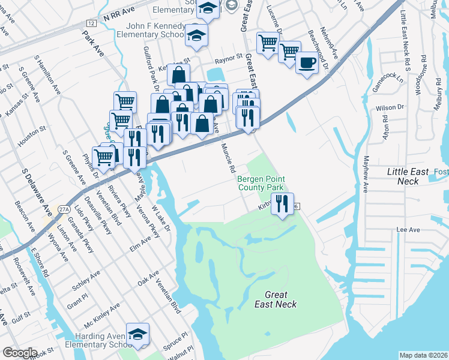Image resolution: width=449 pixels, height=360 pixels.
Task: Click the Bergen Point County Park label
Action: pos(261,183)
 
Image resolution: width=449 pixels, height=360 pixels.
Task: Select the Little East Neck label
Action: pos(408,176)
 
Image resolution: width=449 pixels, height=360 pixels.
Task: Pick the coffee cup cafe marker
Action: pos(307,62)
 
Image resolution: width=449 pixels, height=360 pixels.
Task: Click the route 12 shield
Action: pos(91,23)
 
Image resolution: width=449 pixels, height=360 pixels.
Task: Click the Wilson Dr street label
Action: pos(390,107)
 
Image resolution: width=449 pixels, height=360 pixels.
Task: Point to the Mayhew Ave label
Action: pos(364,174)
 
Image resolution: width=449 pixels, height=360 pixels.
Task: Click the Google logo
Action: pos(20,353)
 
